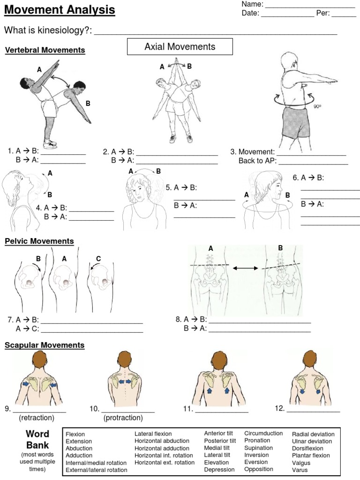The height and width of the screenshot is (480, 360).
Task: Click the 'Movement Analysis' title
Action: (60, 10)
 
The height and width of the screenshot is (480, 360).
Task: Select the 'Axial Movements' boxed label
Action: (180, 47)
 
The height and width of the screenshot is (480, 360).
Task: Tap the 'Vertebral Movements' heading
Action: (45, 50)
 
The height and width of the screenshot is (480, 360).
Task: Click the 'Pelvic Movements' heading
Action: (39, 241)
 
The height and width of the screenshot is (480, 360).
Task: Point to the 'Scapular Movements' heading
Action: (45, 345)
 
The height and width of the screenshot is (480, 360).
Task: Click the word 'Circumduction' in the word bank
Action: (263, 434)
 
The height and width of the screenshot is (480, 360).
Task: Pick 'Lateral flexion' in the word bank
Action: (153, 434)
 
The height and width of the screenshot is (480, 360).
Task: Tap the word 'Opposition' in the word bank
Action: (258, 469)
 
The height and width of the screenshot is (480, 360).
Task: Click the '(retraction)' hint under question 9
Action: (37, 417)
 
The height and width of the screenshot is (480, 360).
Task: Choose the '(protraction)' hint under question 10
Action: (123, 417)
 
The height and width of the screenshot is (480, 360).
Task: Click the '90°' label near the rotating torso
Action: (317, 106)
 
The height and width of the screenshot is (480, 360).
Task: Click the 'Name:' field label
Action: (252, 4)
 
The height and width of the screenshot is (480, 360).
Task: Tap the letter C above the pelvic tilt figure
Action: (98, 258)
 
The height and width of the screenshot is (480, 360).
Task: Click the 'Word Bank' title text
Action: (37, 439)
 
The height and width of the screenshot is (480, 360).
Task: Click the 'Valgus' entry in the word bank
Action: (301, 463)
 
